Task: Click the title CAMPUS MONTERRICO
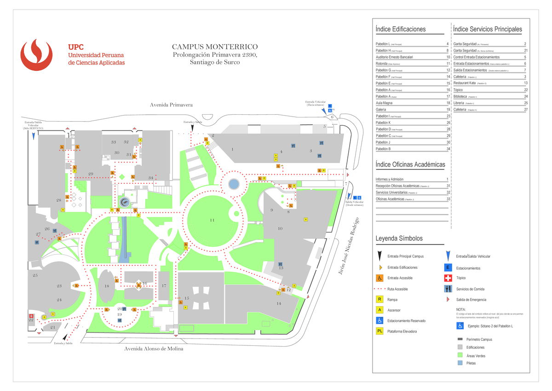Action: click(x=215, y=47)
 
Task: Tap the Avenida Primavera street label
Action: click(x=171, y=105)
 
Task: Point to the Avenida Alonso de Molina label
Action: click(x=154, y=349)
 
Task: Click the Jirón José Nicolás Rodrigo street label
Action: click(x=349, y=247)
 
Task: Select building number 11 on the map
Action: click(x=212, y=220)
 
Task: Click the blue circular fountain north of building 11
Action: click(x=234, y=184)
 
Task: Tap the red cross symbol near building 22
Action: click(x=31, y=316)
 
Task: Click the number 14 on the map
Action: click(x=279, y=303)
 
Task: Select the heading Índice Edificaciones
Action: click(x=401, y=29)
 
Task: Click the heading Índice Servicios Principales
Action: click(x=488, y=29)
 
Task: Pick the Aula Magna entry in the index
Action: click(x=384, y=103)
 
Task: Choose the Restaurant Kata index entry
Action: click(x=465, y=83)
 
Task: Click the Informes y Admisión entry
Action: click(x=390, y=179)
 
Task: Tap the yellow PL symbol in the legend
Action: click(x=380, y=331)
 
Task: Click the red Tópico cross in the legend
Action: click(x=448, y=278)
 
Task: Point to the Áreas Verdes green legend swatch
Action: click(x=460, y=356)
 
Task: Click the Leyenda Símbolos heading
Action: click(x=399, y=239)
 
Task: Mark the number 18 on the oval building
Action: click(x=107, y=286)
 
